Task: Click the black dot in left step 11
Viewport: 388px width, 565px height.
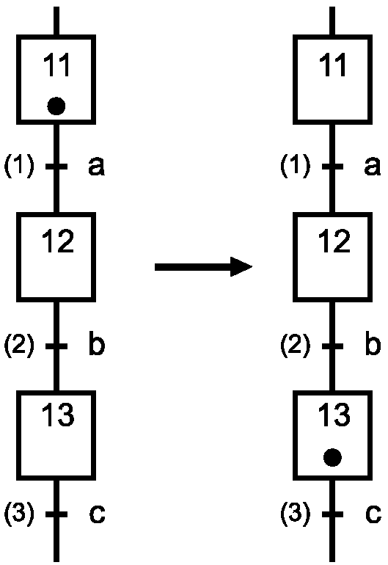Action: point(56,106)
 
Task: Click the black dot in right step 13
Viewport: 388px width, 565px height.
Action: point(332,457)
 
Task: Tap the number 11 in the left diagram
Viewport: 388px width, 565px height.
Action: point(56,65)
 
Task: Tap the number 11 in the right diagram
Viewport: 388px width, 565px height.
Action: point(332,65)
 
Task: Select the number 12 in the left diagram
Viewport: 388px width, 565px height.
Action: point(58,241)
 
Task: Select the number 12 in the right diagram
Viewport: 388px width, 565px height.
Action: point(334,241)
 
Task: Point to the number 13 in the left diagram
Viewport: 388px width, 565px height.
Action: point(58,415)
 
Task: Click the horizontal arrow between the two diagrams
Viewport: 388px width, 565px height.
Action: point(204,267)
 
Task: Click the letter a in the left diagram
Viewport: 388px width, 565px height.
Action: point(97,167)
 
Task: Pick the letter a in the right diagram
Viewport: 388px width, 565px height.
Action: point(373,167)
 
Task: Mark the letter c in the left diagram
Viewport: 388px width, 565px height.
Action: point(98,514)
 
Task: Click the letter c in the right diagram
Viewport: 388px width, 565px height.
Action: point(373,514)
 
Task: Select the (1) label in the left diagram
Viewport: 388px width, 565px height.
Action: point(20,166)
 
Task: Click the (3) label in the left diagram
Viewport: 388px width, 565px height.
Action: point(20,513)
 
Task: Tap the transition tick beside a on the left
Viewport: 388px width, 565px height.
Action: point(56,166)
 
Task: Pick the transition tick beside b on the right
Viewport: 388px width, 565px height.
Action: point(332,346)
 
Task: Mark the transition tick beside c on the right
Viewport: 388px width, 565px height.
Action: point(332,514)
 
